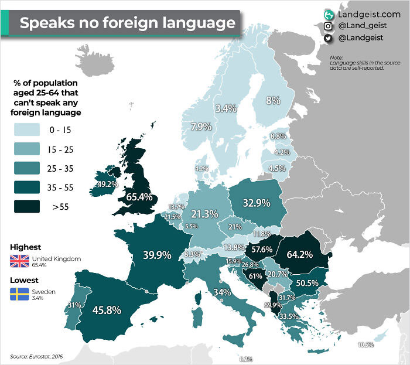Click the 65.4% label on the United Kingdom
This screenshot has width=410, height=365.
(139, 196)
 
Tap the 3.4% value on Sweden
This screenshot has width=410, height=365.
(226, 108)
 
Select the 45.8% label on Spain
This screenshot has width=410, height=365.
(107, 310)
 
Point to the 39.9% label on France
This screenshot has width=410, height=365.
(156, 255)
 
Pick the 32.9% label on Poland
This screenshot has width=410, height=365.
(256, 203)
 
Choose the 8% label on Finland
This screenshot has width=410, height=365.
(274, 100)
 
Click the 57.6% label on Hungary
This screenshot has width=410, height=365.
(262, 249)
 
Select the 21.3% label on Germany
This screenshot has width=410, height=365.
(205, 214)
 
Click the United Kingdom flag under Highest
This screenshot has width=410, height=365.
(19, 261)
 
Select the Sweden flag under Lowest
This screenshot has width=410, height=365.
(19, 294)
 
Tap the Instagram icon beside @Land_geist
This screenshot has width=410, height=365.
(329, 26)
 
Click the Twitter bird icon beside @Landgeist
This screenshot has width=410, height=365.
(329, 38)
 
